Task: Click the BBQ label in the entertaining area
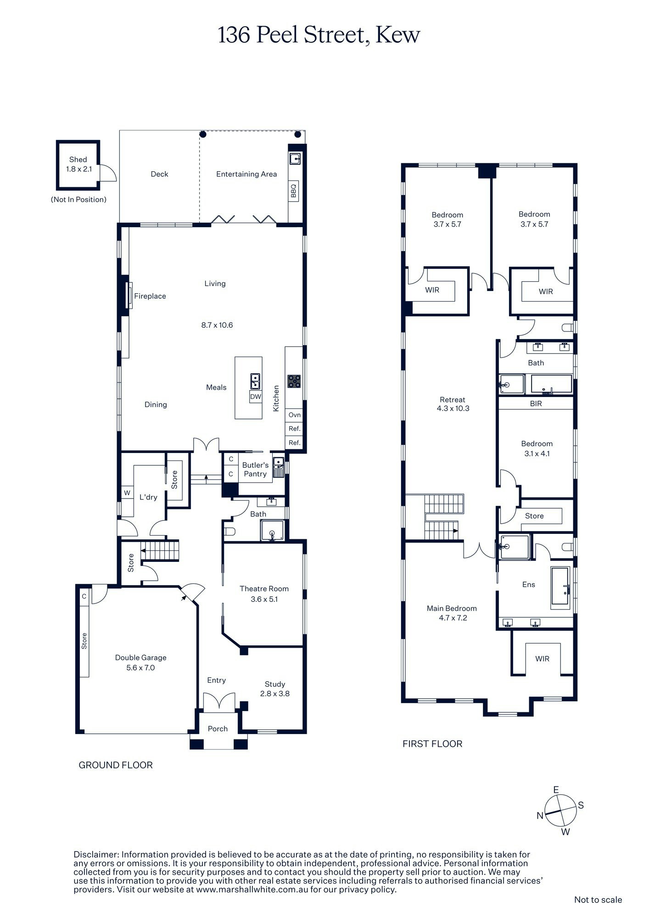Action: pyautogui.click(x=294, y=190)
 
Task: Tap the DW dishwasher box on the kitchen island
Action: pyautogui.click(x=256, y=397)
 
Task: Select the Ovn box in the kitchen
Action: pyautogui.click(x=294, y=415)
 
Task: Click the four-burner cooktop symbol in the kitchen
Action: pyautogui.click(x=294, y=381)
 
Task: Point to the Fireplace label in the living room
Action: pyautogui.click(x=150, y=297)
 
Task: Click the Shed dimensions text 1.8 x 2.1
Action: pyautogui.click(x=78, y=169)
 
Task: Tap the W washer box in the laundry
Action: pyautogui.click(x=127, y=493)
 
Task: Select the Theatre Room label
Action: pyautogui.click(x=264, y=588)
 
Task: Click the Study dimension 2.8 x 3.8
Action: pyautogui.click(x=274, y=694)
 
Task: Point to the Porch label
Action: pyautogui.click(x=218, y=728)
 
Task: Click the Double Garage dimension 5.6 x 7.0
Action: pyautogui.click(x=140, y=668)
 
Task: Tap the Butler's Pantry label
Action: pyautogui.click(x=255, y=470)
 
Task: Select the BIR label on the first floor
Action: pyautogui.click(x=536, y=403)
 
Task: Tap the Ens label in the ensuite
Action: pyautogui.click(x=528, y=584)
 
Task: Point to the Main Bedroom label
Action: pyautogui.click(x=452, y=608)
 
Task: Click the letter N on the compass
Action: pyautogui.click(x=540, y=815)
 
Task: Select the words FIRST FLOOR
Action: pyautogui.click(x=432, y=744)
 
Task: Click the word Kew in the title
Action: pyautogui.click(x=397, y=35)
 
